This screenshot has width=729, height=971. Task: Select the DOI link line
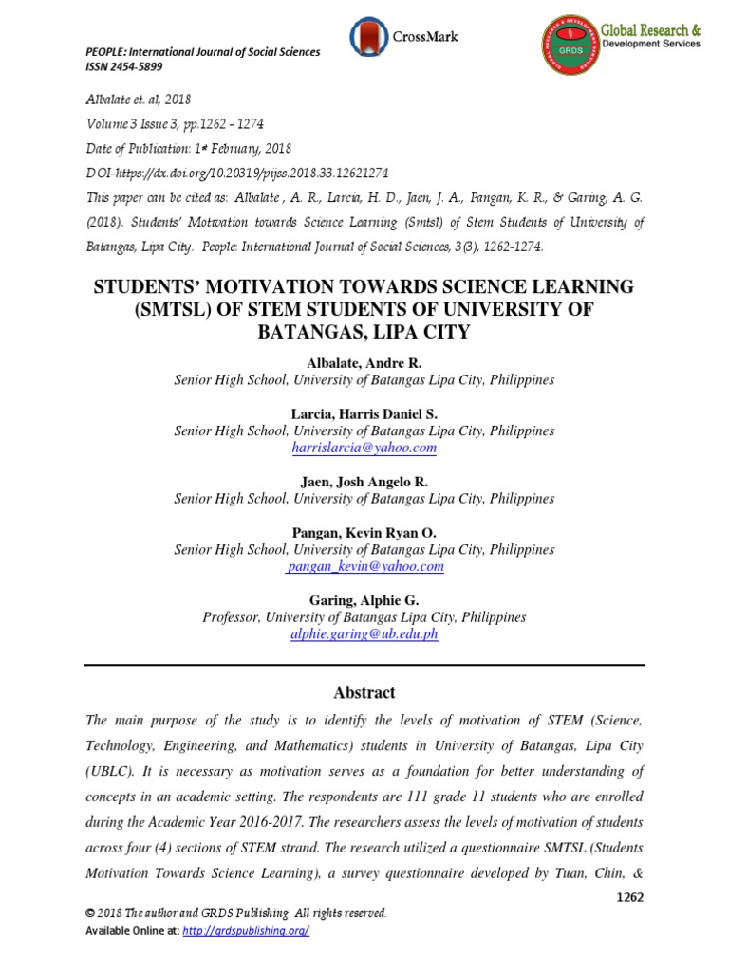tap(237, 173)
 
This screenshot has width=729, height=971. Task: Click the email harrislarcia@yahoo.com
tap(364, 448)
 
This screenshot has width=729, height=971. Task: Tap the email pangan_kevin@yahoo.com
tap(364, 566)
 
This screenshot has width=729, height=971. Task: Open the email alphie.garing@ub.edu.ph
tap(364, 634)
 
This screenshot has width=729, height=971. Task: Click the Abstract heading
tap(364, 692)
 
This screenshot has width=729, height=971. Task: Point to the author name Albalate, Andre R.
tap(364, 363)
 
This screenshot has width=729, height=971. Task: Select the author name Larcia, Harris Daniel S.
tap(364, 413)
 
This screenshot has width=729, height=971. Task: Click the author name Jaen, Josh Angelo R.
tap(364, 482)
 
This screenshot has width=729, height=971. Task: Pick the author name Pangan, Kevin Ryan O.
tap(364, 533)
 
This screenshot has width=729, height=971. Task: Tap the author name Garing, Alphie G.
tap(364, 600)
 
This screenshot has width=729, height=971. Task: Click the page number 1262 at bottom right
tap(628, 897)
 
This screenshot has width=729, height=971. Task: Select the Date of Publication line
tap(189, 148)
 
